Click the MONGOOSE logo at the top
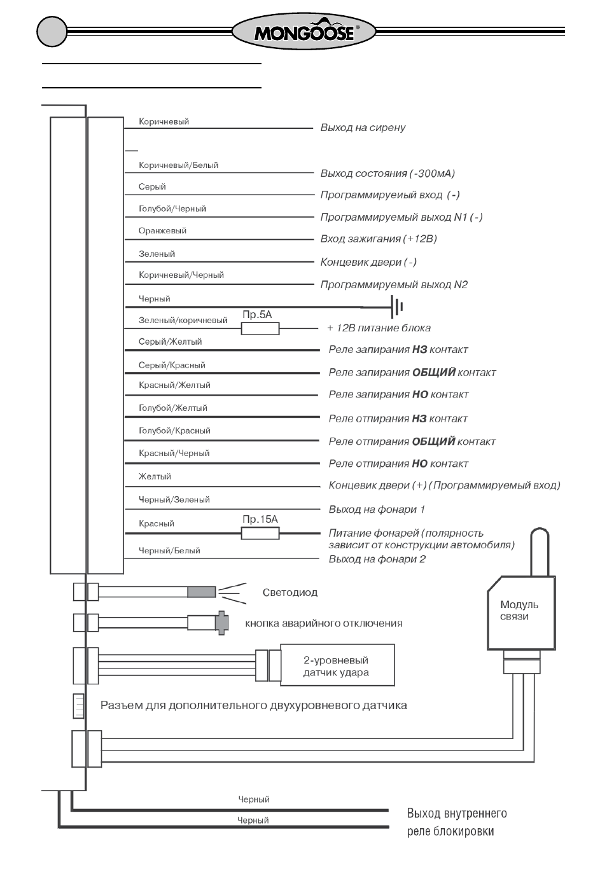[303, 32]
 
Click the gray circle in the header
[52, 31]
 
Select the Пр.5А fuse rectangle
[260, 328]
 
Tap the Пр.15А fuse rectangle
[260, 533]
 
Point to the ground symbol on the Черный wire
[397, 307]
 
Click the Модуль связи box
[521, 613]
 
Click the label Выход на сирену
[363, 128]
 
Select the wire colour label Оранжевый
[162, 231]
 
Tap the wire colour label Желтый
[155, 477]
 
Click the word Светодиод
[290, 592]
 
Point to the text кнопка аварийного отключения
[323, 623]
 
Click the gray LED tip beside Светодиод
[202, 592]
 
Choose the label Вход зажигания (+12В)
[379, 239]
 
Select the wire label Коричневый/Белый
[178, 165]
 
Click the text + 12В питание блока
[379, 328]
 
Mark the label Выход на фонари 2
[377, 559]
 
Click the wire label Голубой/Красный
[174, 431]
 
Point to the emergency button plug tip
[222, 623]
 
